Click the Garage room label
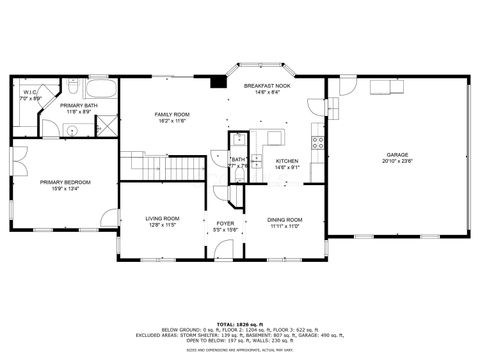pos(396,153)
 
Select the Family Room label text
pos(172,114)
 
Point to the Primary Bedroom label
pos(66,182)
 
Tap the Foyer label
pos(225,223)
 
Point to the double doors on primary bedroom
pos(22,157)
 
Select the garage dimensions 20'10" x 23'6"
pos(396,160)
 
